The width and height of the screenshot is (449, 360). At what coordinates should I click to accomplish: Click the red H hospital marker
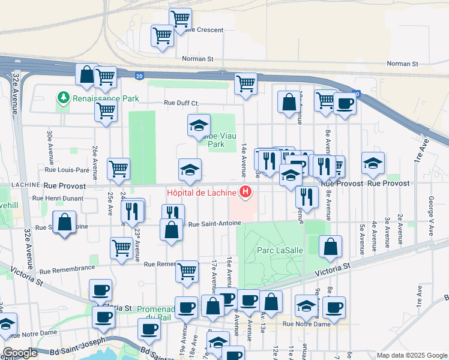point(245,192)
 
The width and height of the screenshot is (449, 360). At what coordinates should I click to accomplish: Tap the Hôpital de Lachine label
point(201,193)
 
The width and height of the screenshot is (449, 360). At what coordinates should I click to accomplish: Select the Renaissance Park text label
point(106,98)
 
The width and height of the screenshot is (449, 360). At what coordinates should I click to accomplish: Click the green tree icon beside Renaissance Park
point(63,97)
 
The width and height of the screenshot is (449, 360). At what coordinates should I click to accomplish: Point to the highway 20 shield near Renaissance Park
point(139,76)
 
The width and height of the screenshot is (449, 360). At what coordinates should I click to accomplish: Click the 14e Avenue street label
point(244,160)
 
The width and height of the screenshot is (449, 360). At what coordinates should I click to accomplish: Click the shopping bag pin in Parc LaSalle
point(330,246)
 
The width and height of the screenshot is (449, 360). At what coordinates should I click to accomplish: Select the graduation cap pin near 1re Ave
point(373,164)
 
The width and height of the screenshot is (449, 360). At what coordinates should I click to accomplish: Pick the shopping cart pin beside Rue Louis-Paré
point(118,169)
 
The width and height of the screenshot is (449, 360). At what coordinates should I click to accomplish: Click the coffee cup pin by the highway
point(345,103)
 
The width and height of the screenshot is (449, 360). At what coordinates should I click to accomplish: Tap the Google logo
point(20,353)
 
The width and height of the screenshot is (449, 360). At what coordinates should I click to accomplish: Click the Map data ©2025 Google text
point(411,355)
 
